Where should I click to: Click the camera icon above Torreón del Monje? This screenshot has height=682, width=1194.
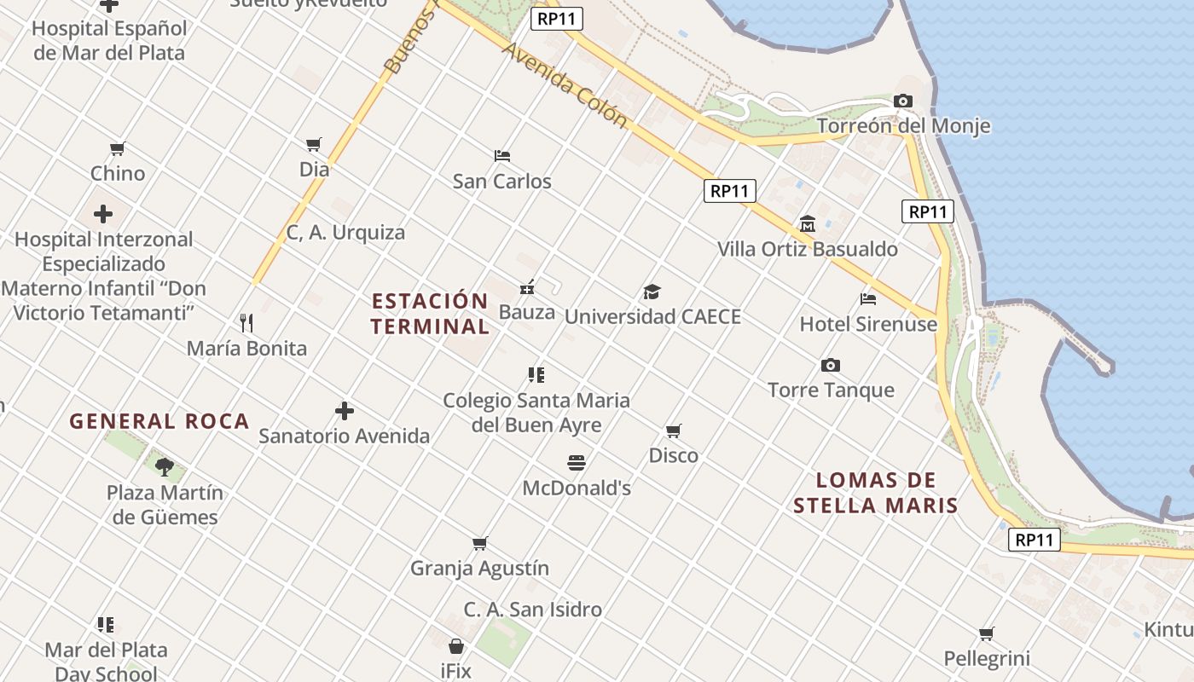click(x=903, y=101)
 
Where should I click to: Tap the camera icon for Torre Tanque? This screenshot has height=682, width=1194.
click(x=831, y=366)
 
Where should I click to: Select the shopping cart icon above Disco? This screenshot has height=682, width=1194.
click(x=674, y=431)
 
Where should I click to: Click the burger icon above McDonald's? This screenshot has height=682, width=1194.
click(x=577, y=463)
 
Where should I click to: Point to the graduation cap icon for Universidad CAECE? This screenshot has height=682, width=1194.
click(x=652, y=292)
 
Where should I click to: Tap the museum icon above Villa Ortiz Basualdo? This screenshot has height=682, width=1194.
click(x=808, y=224)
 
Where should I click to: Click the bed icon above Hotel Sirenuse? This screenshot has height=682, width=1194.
click(x=868, y=299)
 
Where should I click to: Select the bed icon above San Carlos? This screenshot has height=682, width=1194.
click(x=502, y=156)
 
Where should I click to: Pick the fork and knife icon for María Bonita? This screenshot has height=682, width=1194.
click(x=246, y=322)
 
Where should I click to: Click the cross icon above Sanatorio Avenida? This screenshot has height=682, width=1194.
click(x=345, y=411)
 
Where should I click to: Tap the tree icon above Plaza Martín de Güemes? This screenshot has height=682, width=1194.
click(x=165, y=466)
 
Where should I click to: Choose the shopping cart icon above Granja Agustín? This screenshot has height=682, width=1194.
click(x=480, y=543)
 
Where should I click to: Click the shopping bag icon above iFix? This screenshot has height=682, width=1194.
click(x=456, y=646)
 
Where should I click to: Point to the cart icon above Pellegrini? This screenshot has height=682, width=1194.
click(x=987, y=633)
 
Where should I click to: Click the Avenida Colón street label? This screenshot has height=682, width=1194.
click(x=565, y=84)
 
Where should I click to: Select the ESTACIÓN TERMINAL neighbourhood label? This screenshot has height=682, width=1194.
click(x=431, y=314)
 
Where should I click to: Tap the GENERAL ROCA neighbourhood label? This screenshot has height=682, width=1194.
click(x=159, y=421)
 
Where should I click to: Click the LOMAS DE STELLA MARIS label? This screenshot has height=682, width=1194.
click(x=876, y=493)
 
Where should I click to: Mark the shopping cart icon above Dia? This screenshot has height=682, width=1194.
click(x=314, y=145)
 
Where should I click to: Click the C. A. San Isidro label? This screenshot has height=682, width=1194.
click(x=533, y=610)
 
